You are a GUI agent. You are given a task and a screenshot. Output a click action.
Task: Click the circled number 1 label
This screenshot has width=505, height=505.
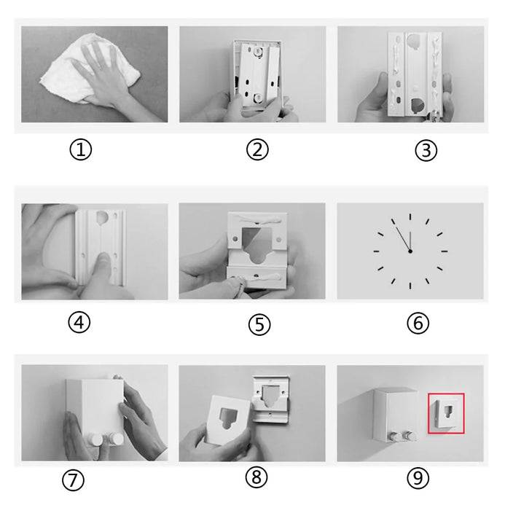coord(80,150)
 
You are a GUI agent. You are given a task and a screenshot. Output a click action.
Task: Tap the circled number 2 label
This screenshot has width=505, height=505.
coord(257,149)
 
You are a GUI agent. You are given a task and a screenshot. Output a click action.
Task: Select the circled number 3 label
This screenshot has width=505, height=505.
coord(426,150)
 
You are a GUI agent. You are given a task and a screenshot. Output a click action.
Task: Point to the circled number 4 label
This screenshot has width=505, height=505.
coord(79,322)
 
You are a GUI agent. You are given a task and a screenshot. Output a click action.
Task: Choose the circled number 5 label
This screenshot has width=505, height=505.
coord(259,324)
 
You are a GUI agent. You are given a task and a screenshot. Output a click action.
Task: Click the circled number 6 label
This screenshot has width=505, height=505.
coord(418,323)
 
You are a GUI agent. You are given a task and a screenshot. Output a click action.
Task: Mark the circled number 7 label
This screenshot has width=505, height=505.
coord(73,480)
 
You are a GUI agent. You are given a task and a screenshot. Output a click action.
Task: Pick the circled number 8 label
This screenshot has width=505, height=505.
coord(257,477)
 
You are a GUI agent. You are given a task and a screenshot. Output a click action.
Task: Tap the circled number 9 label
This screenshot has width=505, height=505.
coord(418,478)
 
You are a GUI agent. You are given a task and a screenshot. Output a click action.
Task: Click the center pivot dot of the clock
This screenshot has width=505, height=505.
coord(410,251)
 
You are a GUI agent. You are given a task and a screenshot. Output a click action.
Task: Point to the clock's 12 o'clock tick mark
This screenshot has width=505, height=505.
coord(410,216)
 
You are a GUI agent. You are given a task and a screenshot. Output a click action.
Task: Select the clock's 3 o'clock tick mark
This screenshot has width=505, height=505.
coord(445,251)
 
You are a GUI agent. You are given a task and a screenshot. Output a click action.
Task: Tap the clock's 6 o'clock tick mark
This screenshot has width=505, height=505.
coord(410,286)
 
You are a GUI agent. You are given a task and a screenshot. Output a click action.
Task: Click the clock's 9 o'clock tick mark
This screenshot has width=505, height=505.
coord(376,251)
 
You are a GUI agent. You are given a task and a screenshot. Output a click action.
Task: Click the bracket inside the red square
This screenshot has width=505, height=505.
coord(445,413)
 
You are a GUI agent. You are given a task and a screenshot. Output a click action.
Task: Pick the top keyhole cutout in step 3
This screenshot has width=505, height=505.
coord(412,42)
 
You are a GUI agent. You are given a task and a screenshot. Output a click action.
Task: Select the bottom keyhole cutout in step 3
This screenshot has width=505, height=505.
coord(418,106)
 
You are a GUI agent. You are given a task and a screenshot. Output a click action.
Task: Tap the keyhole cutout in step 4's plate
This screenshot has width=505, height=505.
coord(103,217)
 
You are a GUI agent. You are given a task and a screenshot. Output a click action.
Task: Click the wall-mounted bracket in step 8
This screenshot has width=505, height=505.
coord(270,399)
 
